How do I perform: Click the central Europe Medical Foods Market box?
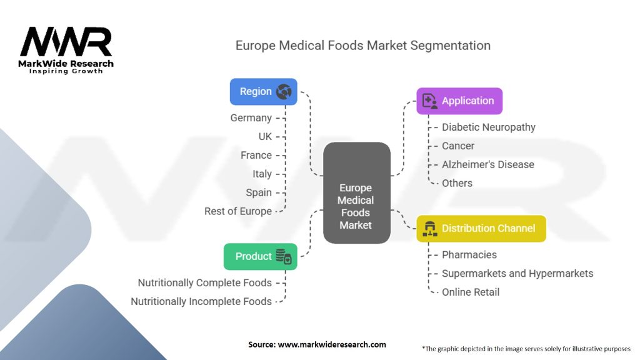[356, 193]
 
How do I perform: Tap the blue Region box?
[263, 91]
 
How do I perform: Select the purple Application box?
[459, 101]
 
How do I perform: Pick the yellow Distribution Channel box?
[481, 228]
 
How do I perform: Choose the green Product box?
[260, 256]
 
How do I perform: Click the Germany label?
[251, 117]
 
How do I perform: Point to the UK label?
[265, 136]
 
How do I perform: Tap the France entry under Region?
[256, 155]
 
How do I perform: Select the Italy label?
[262, 174]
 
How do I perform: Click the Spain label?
[259, 192]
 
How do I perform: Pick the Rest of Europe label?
[238, 211]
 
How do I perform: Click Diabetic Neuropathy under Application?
[489, 127]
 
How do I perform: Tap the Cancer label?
[458, 146]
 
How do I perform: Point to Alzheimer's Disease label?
[488, 164]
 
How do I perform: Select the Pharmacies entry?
[469, 254]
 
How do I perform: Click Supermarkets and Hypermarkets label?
[517, 273]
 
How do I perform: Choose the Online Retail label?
[471, 292]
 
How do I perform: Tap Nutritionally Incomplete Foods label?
[201, 301]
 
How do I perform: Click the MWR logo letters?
[66, 42]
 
